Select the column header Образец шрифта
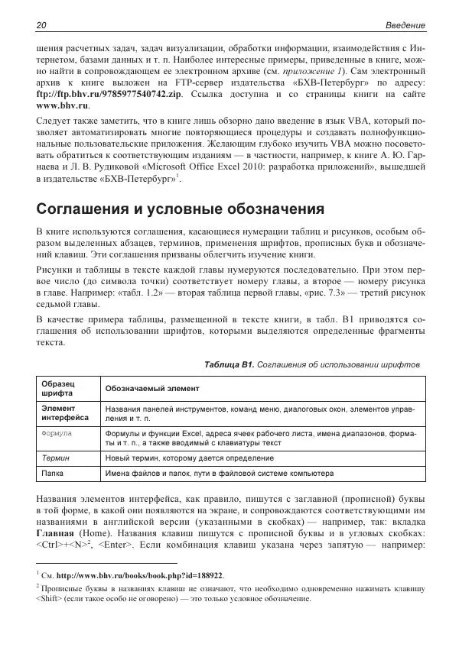57,387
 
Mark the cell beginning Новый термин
189,458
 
